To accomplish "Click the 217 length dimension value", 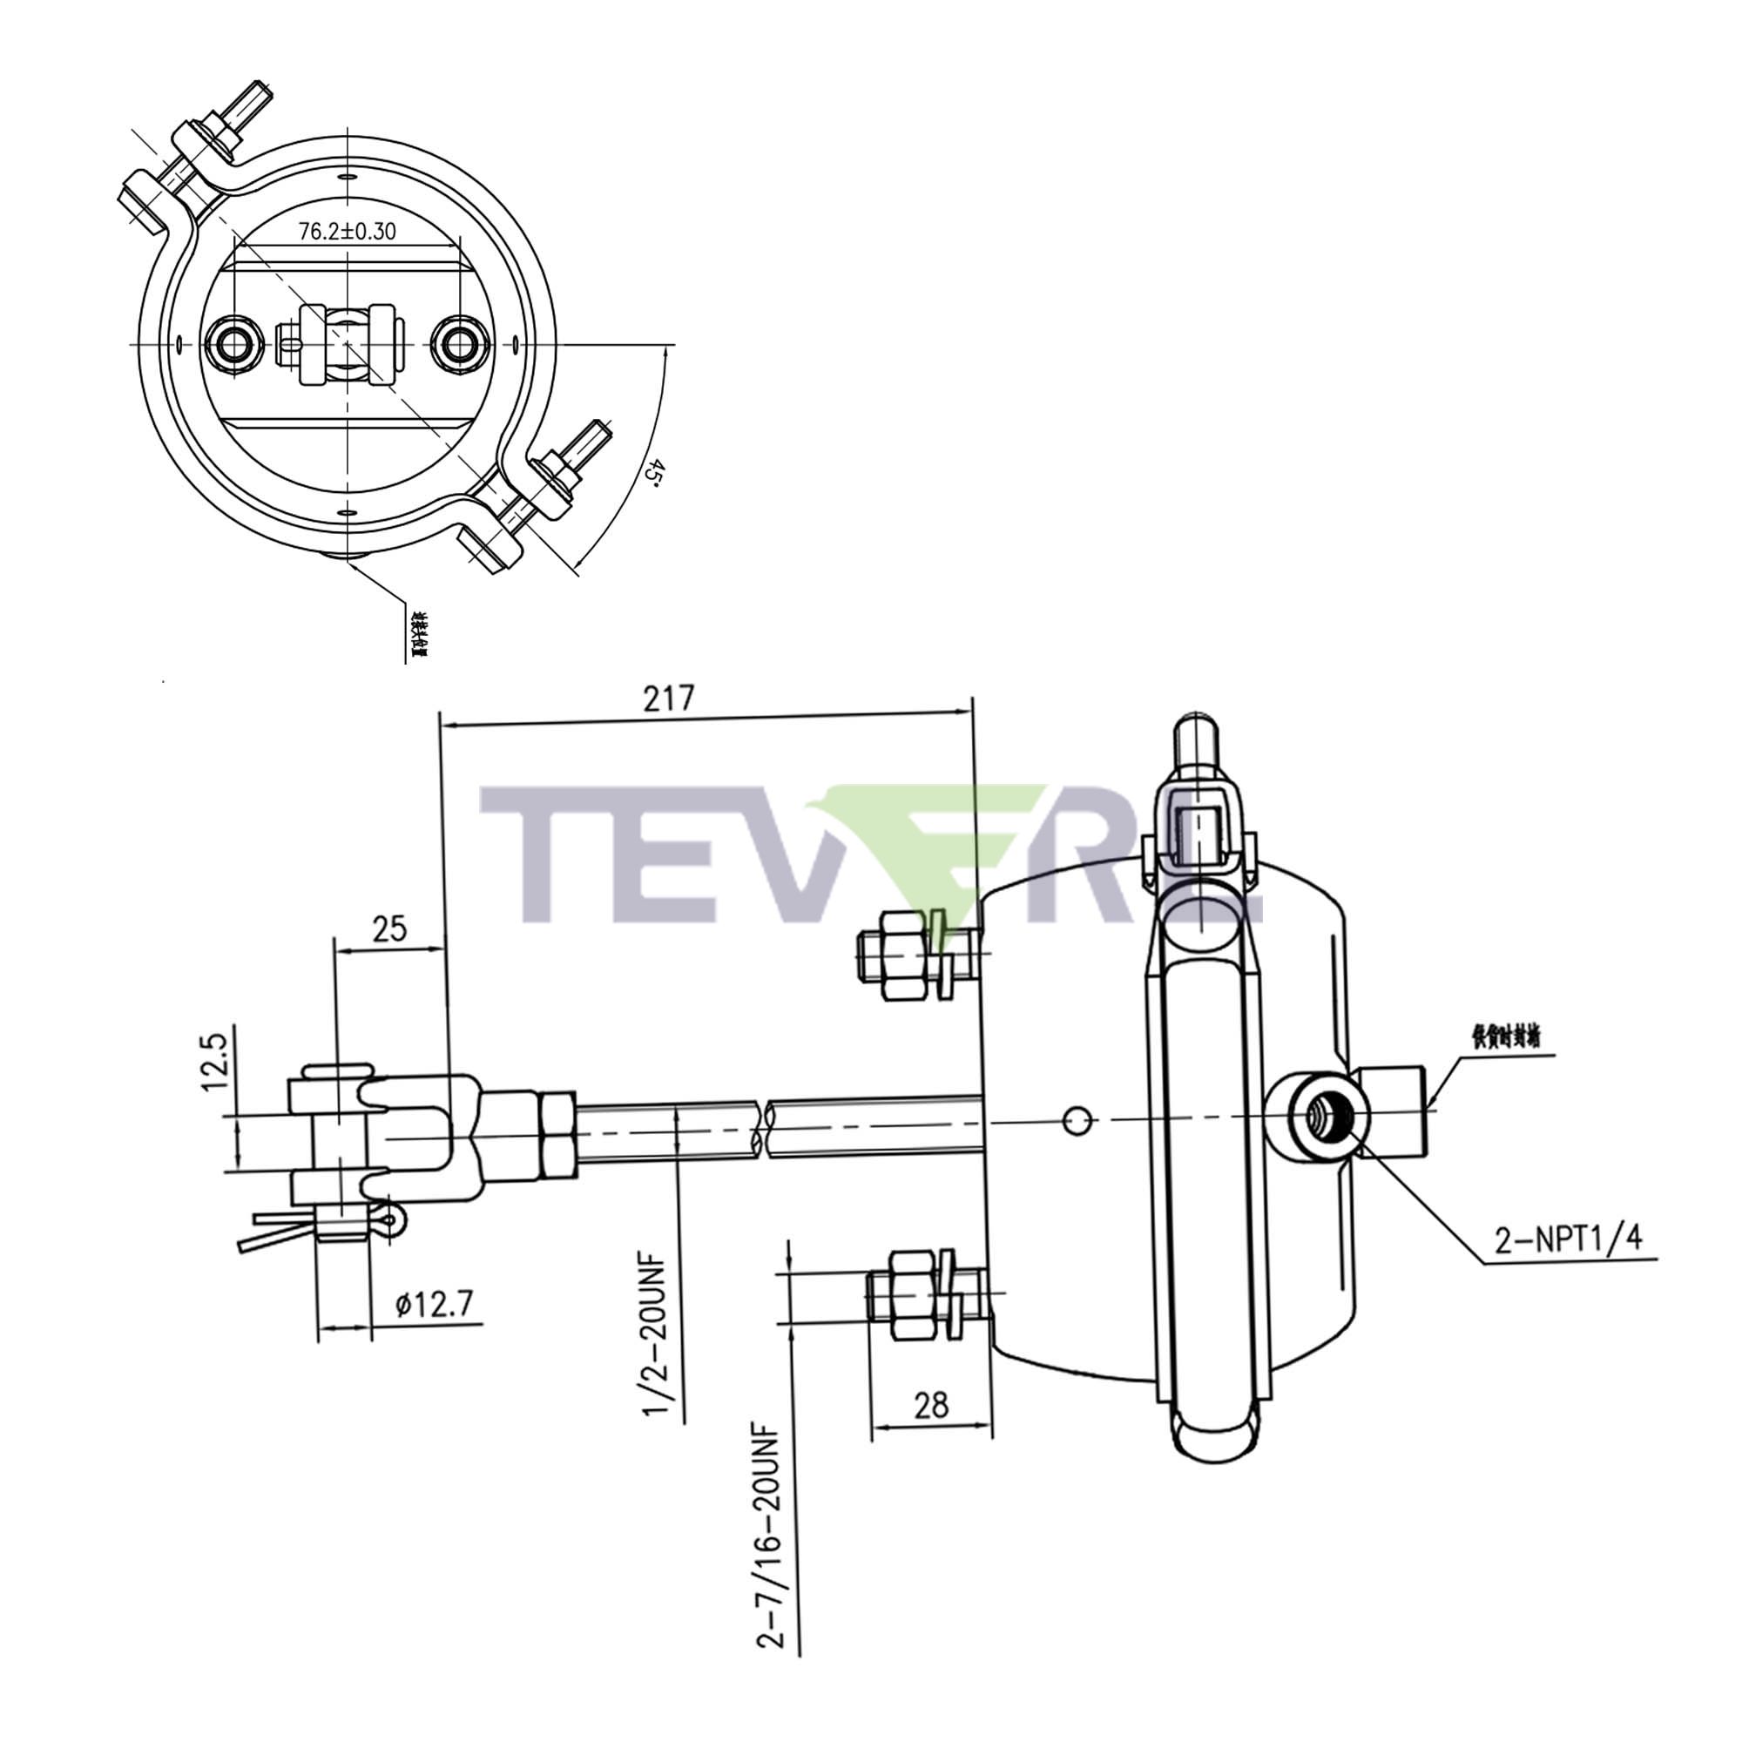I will point(668,699).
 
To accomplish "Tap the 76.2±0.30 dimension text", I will point(348,232).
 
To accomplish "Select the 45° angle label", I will point(657,471).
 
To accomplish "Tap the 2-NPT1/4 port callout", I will point(1568,1240).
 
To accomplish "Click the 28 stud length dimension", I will point(931,1405).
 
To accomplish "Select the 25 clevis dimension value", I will point(389,928).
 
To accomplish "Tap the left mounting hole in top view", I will point(235,343).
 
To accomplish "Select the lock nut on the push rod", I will point(557,1133).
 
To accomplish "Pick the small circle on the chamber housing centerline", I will point(1077,1122).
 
